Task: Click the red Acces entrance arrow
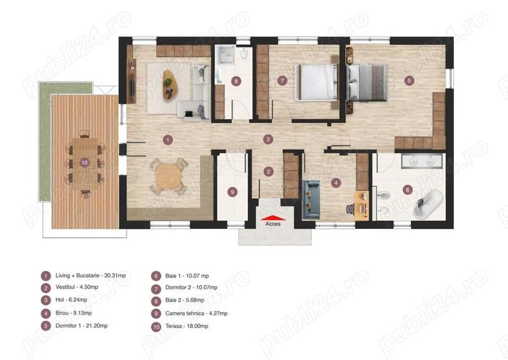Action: (273, 217)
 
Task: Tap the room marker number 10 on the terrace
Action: (84, 163)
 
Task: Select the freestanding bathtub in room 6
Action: (426, 203)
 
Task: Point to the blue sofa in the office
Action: (311, 196)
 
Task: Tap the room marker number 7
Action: (281, 81)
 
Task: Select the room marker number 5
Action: (410, 81)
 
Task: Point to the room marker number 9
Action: (232, 191)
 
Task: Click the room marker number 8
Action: (236, 81)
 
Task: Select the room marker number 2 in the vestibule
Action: (269, 171)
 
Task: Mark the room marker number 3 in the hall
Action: (268, 139)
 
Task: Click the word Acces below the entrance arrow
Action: (273, 224)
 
